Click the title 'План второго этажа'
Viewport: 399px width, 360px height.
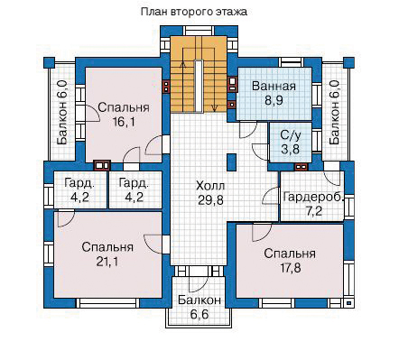[194, 12]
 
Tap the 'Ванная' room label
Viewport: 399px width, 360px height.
[274, 86]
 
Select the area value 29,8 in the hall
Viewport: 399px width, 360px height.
[210, 199]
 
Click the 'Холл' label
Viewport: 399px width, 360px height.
[210, 186]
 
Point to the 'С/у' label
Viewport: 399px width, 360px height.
[291, 135]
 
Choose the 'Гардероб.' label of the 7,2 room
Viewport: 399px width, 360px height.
[313, 198]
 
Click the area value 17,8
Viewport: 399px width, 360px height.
[290, 267]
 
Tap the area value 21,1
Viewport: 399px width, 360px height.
[107, 262]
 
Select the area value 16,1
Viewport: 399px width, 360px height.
[124, 122]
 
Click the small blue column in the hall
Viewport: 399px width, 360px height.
[231, 162]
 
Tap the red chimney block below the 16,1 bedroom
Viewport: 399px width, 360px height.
[102, 165]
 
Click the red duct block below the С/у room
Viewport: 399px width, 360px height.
[301, 166]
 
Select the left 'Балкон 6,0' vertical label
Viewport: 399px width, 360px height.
[62, 112]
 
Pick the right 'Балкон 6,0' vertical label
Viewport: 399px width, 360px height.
[335, 112]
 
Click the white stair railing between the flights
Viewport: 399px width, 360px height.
[198, 86]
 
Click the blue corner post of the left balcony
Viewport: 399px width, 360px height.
[49, 62]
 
